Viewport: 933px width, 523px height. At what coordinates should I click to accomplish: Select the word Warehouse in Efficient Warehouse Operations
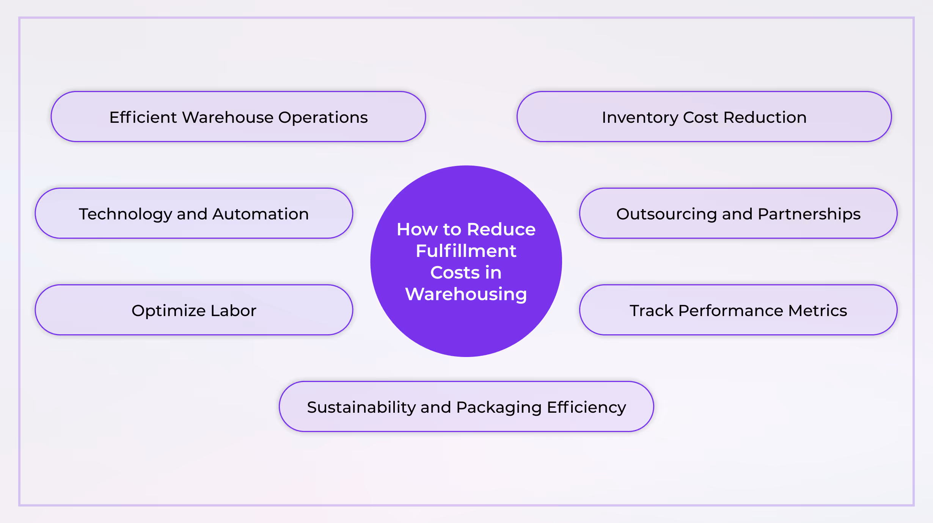pyautogui.click(x=228, y=117)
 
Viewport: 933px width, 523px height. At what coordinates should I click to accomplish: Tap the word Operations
pyautogui.click(x=323, y=117)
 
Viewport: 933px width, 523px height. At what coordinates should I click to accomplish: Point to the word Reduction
pyautogui.click(x=765, y=117)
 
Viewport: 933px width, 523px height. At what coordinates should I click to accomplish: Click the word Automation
pyautogui.click(x=261, y=214)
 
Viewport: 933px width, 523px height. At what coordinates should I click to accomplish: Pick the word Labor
pyautogui.click(x=234, y=311)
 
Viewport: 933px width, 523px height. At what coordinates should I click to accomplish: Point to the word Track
pyautogui.click(x=652, y=311)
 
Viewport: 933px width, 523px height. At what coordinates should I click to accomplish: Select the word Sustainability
pyautogui.click(x=361, y=408)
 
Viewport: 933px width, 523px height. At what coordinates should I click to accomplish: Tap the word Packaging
pyautogui.click(x=499, y=408)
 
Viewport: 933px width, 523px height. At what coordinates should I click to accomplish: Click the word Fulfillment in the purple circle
pyautogui.click(x=466, y=251)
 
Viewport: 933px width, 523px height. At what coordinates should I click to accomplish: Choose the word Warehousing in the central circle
pyautogui.click(x=466, y=294)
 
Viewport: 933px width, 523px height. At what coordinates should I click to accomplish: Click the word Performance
pyautogui.click(x=730, y=311)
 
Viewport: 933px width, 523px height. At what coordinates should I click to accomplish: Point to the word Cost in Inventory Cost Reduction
pyautogui.click(x=701, y=117)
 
